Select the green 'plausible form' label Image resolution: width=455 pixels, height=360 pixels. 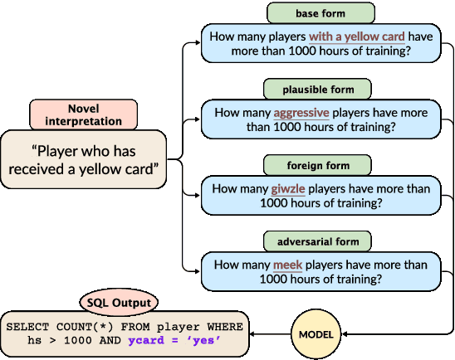[318, 89]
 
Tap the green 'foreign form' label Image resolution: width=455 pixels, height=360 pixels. [318, 164]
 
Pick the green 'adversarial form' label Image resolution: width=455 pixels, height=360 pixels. [318, 241]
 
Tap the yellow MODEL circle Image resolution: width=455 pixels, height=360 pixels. [316, 334]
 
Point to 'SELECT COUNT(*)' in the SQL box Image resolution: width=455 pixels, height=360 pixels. [55, 327]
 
